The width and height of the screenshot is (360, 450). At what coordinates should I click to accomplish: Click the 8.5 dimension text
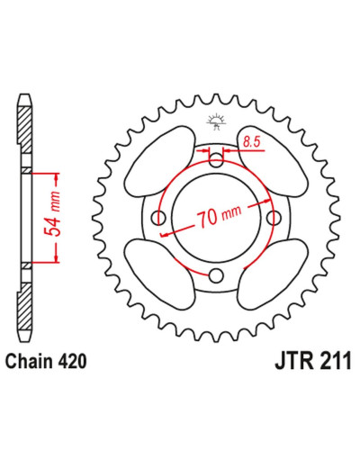point(251,142)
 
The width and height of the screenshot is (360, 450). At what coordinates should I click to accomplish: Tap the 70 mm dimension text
point(219,216)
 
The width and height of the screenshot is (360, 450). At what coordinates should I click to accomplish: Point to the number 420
point(73,361)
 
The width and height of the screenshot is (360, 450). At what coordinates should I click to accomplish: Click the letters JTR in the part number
point(294,361)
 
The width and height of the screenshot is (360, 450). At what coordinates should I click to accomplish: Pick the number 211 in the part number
point(335,361)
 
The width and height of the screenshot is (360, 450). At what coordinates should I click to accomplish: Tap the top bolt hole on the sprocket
point(216,159)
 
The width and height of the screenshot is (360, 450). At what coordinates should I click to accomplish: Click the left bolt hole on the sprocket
point(158,217)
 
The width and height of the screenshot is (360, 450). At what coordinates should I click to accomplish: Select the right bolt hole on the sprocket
point(274,217)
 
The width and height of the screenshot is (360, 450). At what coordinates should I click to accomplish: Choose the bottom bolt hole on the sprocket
point(216,275)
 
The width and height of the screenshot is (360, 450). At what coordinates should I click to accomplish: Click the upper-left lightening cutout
point(159,161)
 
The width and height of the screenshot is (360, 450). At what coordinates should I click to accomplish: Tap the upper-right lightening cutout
point(273,161)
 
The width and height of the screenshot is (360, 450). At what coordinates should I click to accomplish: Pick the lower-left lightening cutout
point(159,274)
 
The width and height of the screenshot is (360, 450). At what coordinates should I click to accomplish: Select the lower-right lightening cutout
point(273,274)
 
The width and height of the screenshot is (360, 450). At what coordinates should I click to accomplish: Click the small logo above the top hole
point(216,122)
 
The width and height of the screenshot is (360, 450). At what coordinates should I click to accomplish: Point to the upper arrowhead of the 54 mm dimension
point(56,179)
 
